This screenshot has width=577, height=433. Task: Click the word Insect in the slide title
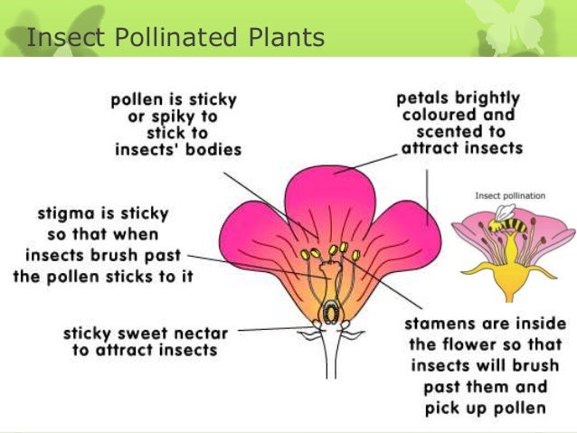[x=60, y=38]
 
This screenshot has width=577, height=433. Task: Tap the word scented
[x=440, y=131]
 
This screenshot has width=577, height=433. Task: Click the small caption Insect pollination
[x=509, y=194]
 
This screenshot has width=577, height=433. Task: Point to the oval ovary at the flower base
[x=332, y=311]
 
